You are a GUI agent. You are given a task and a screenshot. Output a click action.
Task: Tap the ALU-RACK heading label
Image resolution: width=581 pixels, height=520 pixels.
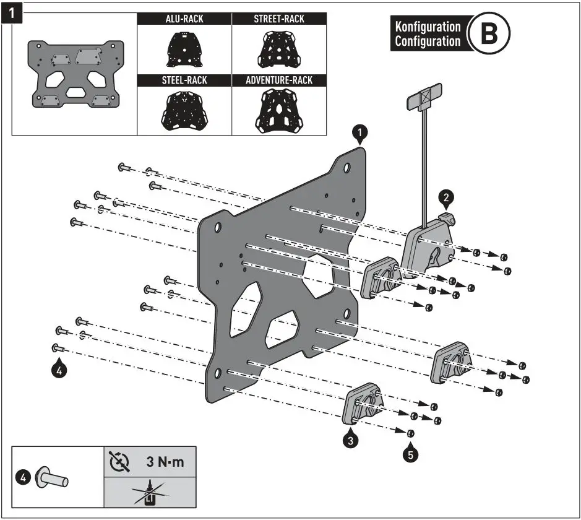tap(184, 19)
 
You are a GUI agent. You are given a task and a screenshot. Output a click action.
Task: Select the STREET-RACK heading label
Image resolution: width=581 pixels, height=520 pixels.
tap(279, 19)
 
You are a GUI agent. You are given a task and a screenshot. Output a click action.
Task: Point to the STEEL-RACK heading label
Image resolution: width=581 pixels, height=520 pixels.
tap(184, 80)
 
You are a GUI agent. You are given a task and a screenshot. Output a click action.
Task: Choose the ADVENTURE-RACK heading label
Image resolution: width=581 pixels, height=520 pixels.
tap(279, 80)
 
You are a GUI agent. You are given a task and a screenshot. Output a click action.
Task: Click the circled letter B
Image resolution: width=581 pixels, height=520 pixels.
tap(488, 34)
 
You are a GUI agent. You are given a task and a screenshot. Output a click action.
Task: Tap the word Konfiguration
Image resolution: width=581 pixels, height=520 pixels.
tap(428, 27)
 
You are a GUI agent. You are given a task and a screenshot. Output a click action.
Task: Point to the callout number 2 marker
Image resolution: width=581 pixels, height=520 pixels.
tap(446, 197)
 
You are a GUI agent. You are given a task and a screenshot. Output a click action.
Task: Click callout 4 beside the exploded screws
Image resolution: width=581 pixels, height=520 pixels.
tap(58, 370)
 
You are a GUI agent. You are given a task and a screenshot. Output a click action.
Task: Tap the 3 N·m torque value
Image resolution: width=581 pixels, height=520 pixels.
tap(165, 462)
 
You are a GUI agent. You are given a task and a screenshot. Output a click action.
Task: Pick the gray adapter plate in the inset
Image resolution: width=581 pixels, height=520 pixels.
tap(75, 73)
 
